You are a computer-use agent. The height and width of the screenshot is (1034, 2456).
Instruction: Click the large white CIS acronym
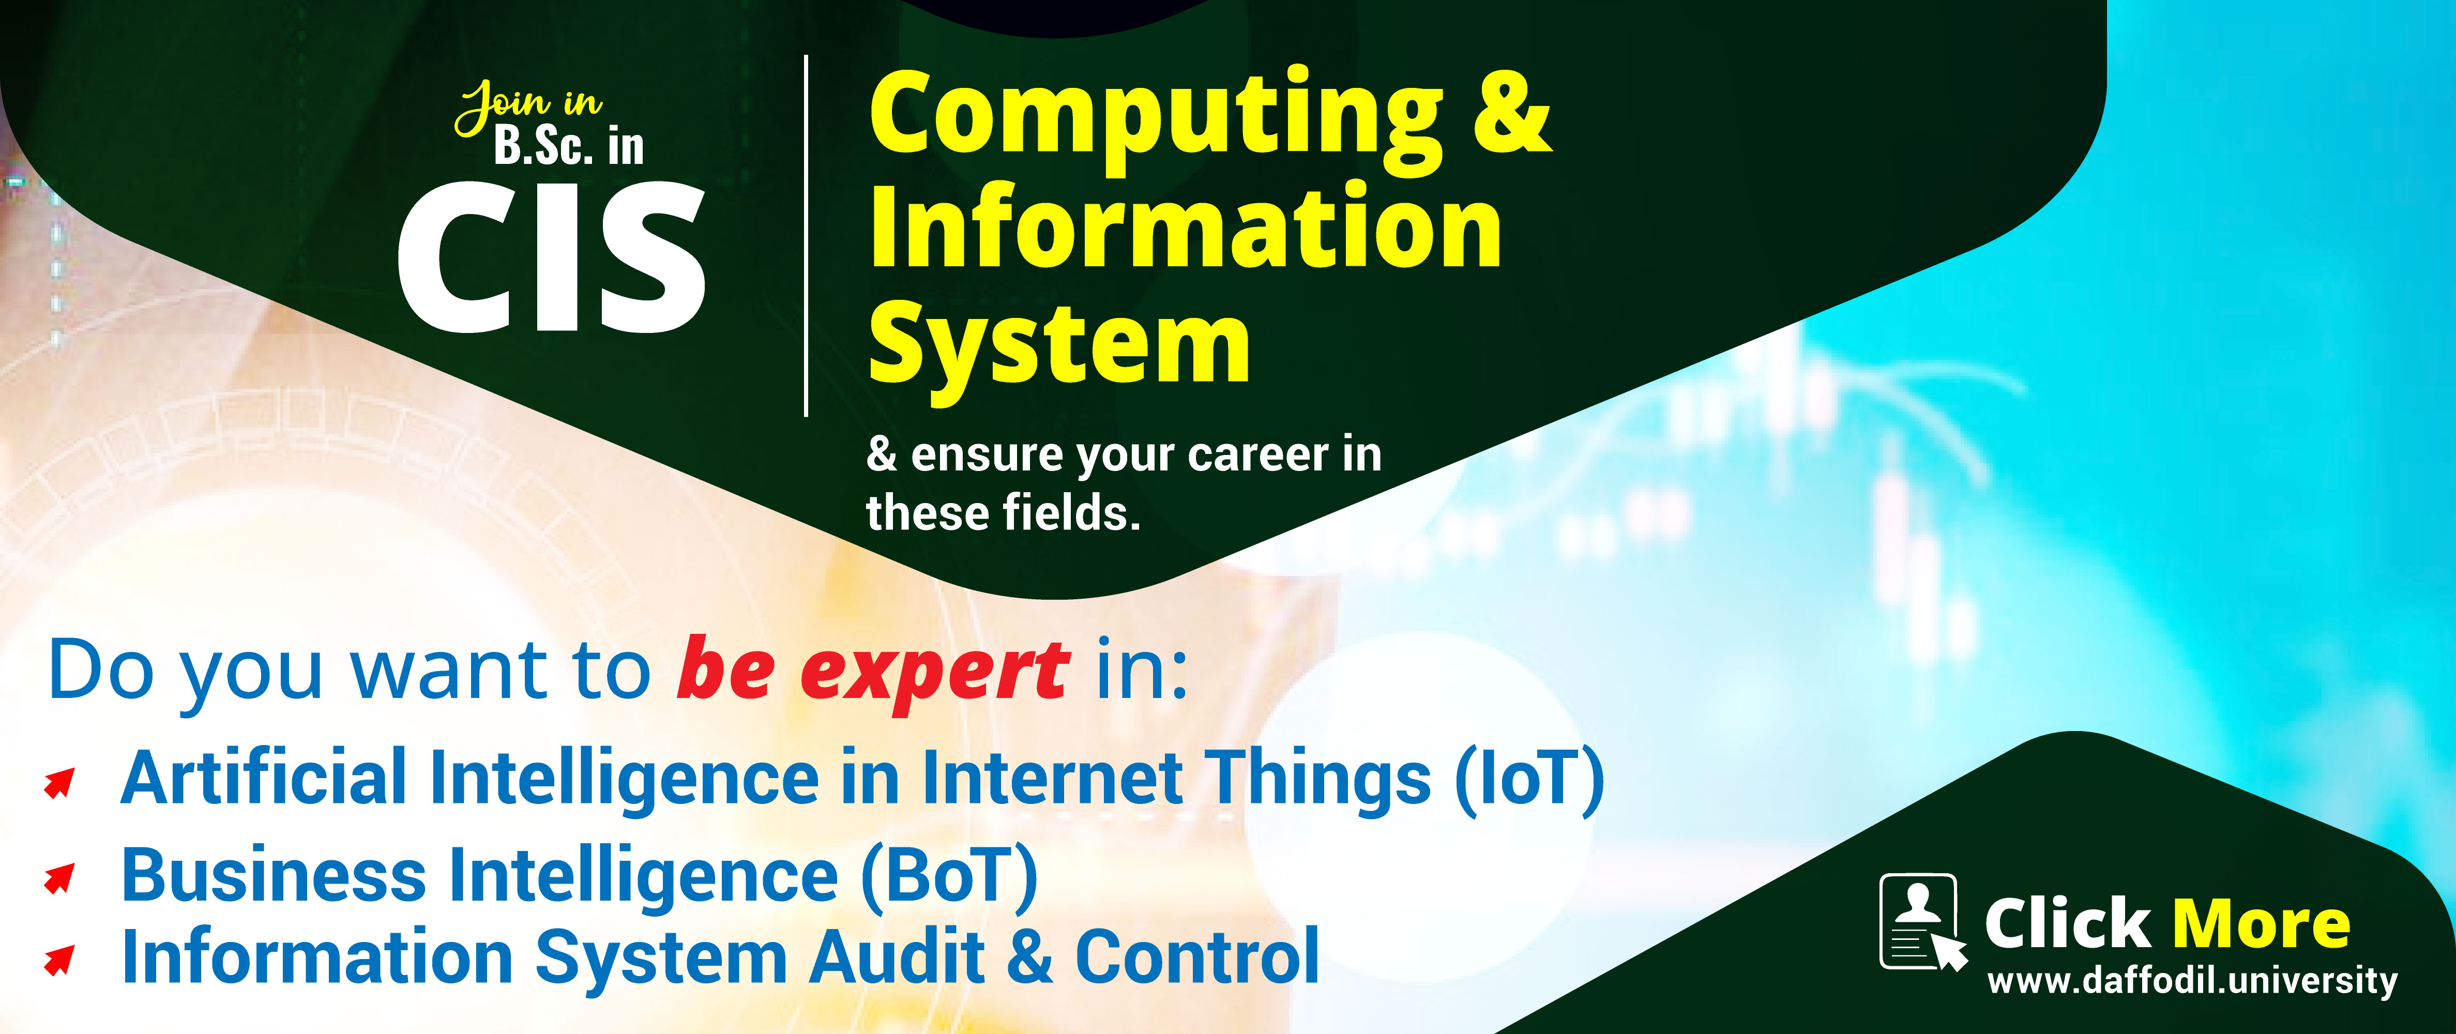[551, 257]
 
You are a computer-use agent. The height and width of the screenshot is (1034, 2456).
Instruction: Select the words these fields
[1003, 513]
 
